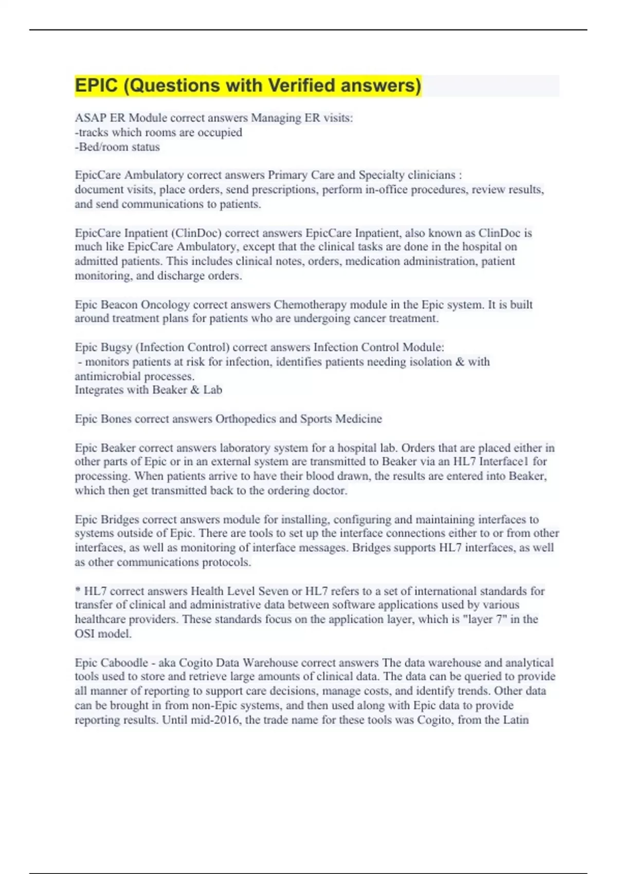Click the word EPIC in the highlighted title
[x=96, y=85]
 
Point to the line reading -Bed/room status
[x=117, y=147]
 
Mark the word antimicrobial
[x=106, y=376]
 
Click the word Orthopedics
[x=245, y=419]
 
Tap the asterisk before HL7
[x=78, y=591]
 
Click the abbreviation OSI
[x=84, y=634]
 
